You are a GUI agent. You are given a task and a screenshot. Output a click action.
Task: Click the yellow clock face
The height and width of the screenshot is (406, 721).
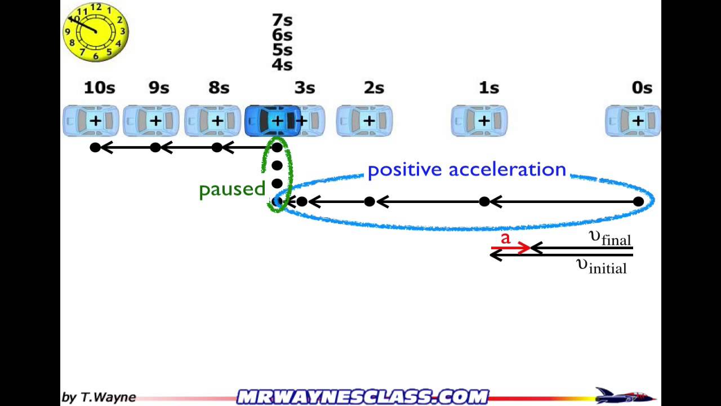pos(96,32)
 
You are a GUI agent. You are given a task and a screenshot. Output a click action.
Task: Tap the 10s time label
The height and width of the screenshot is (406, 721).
pos(99,88)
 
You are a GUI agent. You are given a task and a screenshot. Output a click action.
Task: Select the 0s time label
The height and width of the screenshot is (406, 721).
pos(642,88)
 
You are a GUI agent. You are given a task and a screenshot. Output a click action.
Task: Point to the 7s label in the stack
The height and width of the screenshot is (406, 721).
pos(282,20)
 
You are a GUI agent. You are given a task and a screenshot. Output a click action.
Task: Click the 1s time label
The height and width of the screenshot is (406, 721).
pos(489,88)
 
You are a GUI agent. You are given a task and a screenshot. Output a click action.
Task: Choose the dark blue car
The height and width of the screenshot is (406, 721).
pos(273,121)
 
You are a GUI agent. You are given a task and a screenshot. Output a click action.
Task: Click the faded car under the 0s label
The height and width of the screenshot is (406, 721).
pos(633,121)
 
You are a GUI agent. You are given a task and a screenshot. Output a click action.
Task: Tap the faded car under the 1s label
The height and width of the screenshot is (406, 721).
pos(479,121)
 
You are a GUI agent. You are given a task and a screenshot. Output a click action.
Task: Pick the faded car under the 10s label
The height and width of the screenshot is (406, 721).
pos(91,121)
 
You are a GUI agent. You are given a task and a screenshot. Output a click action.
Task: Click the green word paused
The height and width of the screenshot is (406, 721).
pos(232,189)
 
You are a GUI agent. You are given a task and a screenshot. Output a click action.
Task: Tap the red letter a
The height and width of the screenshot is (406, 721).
pos(505,239)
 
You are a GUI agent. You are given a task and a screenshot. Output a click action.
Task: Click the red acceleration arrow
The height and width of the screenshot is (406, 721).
pos(510,248)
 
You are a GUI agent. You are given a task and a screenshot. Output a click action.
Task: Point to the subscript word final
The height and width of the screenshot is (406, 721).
pos(616,241)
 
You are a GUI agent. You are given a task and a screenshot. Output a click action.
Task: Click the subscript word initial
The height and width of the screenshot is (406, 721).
pos(607,268)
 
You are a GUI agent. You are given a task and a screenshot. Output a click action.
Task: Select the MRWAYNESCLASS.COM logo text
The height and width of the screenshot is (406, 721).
pos(363,397)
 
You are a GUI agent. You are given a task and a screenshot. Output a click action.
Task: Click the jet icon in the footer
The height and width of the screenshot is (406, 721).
pos(624,396)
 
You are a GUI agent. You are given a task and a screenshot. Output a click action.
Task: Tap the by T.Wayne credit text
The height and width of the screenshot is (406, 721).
pos(99,397)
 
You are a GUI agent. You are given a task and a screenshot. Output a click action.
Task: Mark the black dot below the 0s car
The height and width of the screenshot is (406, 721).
pos(638,201)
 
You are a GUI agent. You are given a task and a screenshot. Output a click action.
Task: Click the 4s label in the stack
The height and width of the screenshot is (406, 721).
pos(282,65)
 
